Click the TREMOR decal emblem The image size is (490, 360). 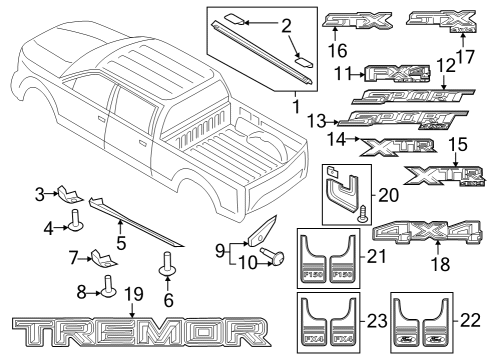139,330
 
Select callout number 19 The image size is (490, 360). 133,295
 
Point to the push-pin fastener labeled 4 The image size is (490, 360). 76,220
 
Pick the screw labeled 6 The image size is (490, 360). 165,268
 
